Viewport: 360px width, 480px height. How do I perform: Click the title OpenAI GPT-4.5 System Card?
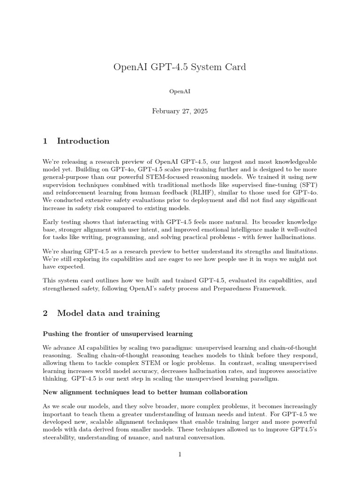tap(180, 67)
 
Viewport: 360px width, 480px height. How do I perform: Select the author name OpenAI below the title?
tap(180, 92)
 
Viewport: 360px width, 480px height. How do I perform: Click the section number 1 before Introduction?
tap(45, 141)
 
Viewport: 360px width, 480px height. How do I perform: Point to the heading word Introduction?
tap(83, 141)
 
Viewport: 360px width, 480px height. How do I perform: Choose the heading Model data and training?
tap(108, 313)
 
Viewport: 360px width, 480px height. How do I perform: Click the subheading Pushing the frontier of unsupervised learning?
tap(118, 334)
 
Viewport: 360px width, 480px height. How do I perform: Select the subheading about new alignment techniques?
tap(145, 392)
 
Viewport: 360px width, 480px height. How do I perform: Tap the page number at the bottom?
tap(180, 455)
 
